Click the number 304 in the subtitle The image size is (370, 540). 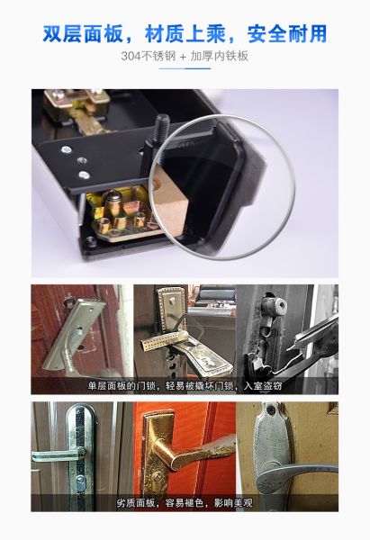point(131,56)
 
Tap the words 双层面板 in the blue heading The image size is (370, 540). point(83,33)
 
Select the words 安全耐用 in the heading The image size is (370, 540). point(287,33)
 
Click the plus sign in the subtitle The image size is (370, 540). point(183,57)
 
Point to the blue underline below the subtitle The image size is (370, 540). point(185,68)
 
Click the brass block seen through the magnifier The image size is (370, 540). point(170,203)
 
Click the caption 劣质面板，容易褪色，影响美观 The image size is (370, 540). point(185,503)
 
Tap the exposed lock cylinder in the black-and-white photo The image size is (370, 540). point(275,307)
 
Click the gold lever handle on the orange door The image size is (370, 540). point(193,451)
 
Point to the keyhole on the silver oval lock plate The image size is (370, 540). point(80,484)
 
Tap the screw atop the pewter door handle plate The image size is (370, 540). point(271,409)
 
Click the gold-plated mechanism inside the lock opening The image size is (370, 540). point(122,213)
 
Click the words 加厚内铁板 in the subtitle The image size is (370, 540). point(219,56)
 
